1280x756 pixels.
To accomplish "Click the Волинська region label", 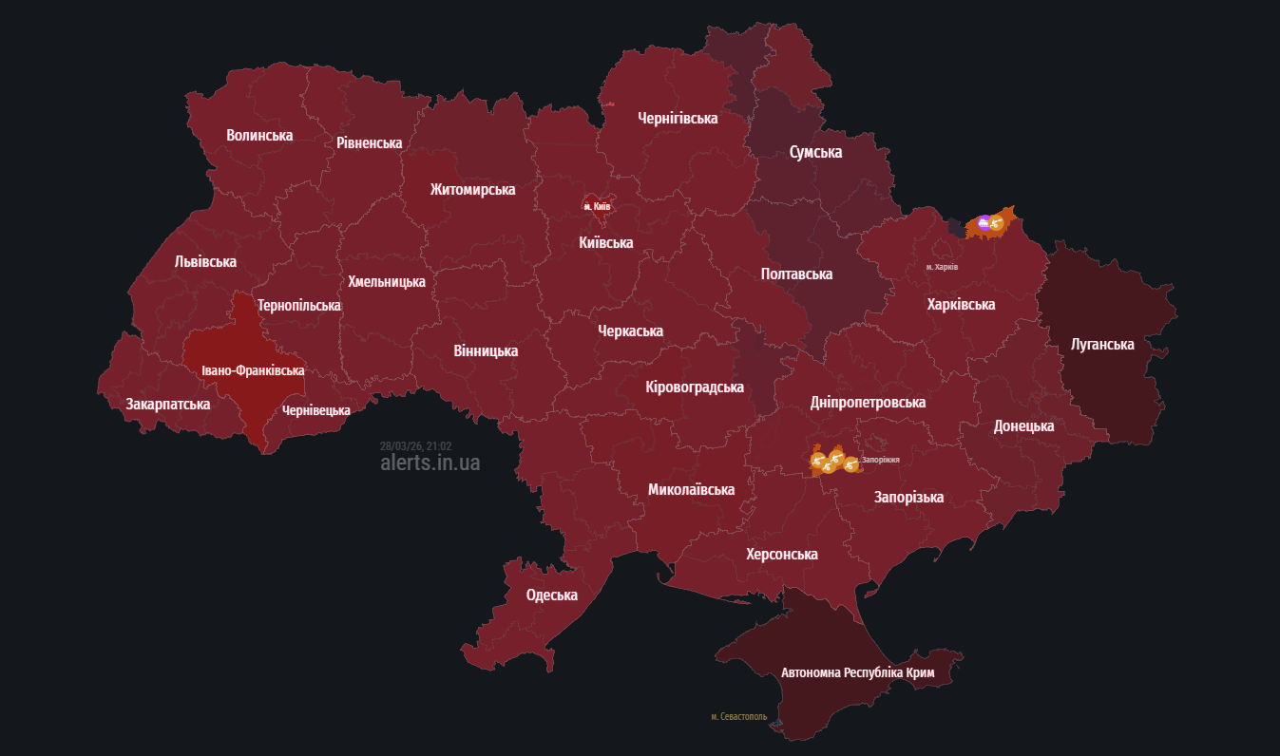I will [259, 135].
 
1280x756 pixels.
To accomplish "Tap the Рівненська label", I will [369, 142].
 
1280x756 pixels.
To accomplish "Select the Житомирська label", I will [472, 189].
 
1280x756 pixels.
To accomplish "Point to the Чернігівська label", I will [678, 118].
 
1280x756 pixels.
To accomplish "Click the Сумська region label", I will [815, 152].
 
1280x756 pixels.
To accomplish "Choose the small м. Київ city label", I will [597, 206].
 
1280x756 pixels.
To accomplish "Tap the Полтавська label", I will [796, 274].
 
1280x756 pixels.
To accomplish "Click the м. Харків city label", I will [942, 267].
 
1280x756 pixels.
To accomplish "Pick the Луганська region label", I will [1101, 344].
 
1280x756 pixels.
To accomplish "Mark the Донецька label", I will [1023, 425].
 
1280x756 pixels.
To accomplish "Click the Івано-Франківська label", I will [253, 370].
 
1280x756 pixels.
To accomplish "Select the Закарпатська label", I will [168, 404].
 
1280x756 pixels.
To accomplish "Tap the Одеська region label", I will [552, 595].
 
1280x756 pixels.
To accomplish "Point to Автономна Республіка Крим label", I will [857, 672].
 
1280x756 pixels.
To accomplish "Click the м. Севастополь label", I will [738, 716].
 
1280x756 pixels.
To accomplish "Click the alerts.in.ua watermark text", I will [430, 463].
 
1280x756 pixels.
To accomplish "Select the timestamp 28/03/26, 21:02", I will [415, 445].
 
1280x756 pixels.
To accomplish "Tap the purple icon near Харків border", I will [984, 223].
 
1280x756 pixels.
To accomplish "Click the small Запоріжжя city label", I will [880, 460].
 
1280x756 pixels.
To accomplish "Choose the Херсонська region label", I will [781, 554].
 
